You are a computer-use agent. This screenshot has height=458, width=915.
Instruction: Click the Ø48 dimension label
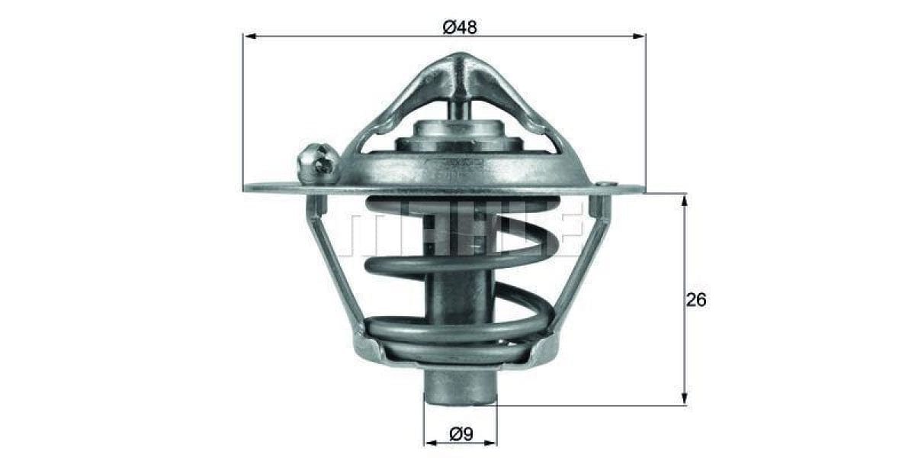click(x=459, y=27)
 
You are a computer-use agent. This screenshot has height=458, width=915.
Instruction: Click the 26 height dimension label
click(x=695, y=300)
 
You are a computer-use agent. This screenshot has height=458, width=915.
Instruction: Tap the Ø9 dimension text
click(x=461, y=434)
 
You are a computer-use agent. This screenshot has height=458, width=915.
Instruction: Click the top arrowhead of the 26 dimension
click(x=684, y=201)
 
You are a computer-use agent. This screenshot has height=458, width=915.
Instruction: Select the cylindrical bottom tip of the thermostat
click(x=459, y=385)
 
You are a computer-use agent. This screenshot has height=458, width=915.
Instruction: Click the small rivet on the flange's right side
click(x=604, y=184)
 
